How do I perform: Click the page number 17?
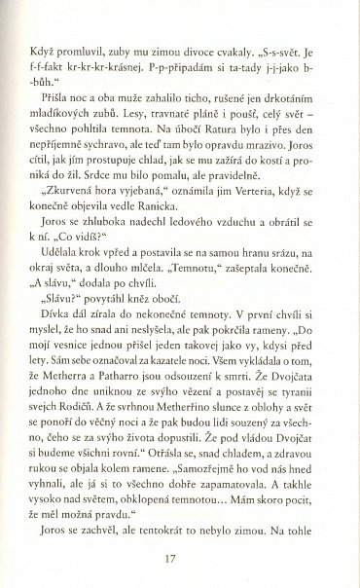point(179,558)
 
